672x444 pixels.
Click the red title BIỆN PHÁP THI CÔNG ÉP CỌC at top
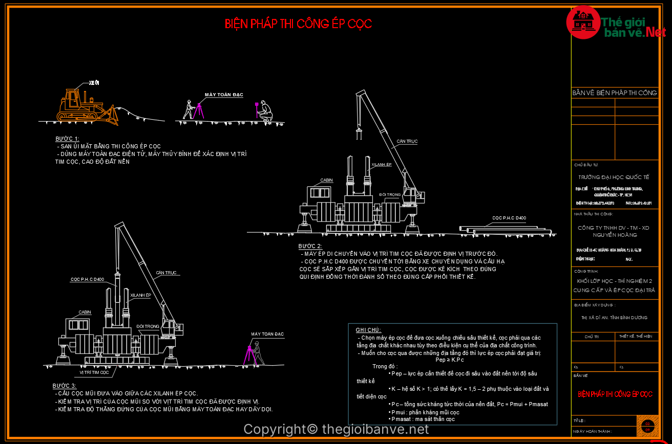298,24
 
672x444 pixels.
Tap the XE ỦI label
94,83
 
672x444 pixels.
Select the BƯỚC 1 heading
67,139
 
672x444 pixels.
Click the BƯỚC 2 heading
310,246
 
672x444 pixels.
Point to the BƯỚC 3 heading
64,386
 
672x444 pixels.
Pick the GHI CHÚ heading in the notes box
368,330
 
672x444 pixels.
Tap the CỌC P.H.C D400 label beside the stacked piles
509,218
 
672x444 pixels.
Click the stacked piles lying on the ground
507,231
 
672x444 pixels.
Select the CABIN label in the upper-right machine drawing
326,180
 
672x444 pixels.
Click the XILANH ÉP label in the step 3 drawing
140,295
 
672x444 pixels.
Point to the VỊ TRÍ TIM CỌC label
94,372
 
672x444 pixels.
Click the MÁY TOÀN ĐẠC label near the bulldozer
224,95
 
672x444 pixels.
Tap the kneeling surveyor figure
265,112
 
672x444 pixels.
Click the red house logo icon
583,22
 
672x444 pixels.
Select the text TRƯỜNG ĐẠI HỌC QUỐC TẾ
614,177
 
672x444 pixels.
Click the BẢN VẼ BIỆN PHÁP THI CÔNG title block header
614,93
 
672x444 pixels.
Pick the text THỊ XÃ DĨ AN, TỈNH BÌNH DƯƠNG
614,318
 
